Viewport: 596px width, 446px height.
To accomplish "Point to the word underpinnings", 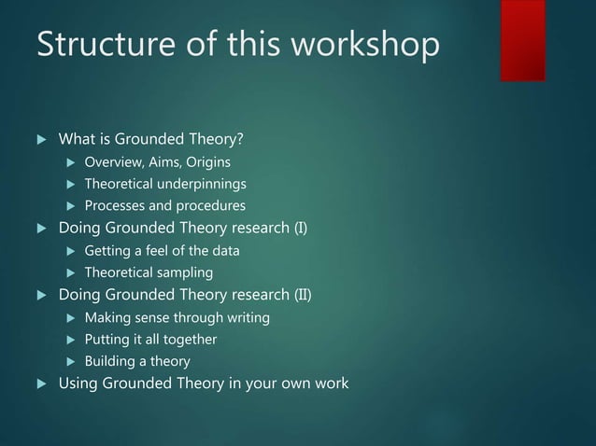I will pos(206,183).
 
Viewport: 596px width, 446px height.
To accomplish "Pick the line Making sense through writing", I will pos(177,318).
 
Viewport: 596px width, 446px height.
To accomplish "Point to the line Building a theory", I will pos(136,360).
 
